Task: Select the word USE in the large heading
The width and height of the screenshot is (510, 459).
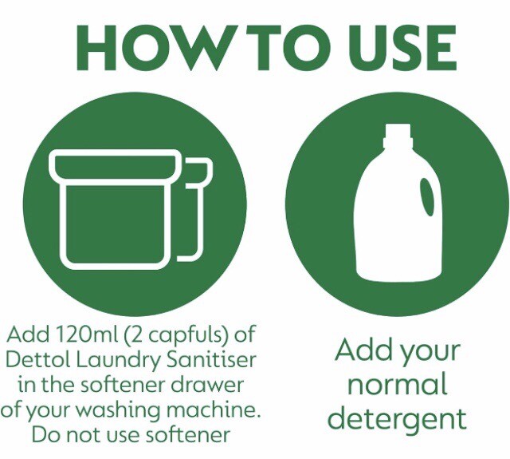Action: [382, 49]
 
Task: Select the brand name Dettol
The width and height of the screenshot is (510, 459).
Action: [35, 359]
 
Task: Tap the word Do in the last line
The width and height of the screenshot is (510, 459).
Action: [44, 436]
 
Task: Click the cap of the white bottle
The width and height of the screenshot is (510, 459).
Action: [396, 136]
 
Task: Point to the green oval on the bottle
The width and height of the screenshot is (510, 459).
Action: [427, 197]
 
